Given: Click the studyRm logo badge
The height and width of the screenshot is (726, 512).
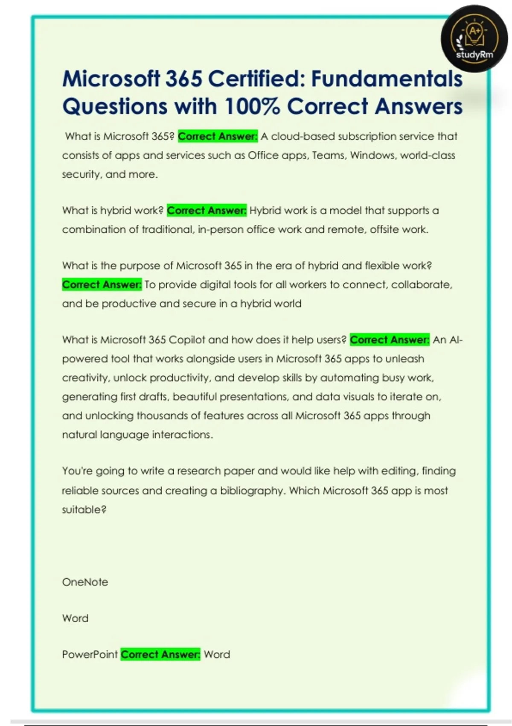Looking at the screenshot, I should tap(474, 39).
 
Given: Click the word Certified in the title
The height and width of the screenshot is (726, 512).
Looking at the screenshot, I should tap(256, 79).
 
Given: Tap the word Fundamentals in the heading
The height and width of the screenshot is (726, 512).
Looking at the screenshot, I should tap(387, 79).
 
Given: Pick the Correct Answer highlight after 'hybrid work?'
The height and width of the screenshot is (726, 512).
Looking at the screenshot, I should tap(207, 211).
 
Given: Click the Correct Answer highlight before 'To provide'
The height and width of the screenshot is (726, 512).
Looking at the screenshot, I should tap(102, 284).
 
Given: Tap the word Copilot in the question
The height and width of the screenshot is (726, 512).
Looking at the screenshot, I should tap(187, 340).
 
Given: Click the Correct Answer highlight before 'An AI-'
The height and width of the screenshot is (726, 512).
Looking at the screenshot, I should tap(390, 340).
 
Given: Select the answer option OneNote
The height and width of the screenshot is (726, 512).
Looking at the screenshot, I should tap(85, 582).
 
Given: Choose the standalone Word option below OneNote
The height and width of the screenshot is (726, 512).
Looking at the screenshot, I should tap(75, 618).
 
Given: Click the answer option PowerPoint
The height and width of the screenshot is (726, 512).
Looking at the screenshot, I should tap(90, 655).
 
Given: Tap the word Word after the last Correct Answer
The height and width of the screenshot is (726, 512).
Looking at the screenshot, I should tap(217, 655).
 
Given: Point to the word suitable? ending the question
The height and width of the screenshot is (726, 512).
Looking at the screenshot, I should tap(84, 509).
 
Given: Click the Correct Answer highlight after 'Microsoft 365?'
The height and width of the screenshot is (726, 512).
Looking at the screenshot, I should tap(218, 136).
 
